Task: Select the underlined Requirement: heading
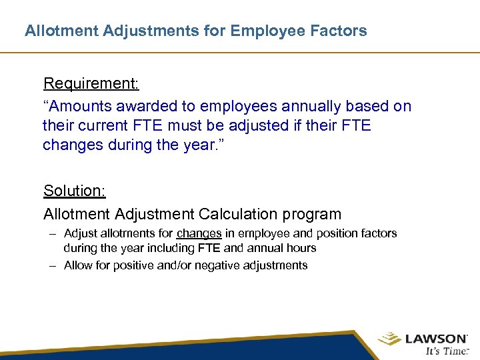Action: pyautogui.click(x=91, y=83)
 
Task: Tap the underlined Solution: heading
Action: pyautogui.click(x=75, y=191)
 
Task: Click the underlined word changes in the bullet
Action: pyautogui.click(x=199, y=233)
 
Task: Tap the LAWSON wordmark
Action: pyautogui.click(x=435, y=339)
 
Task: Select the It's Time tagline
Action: pyautogui.click(x=445, y=352)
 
